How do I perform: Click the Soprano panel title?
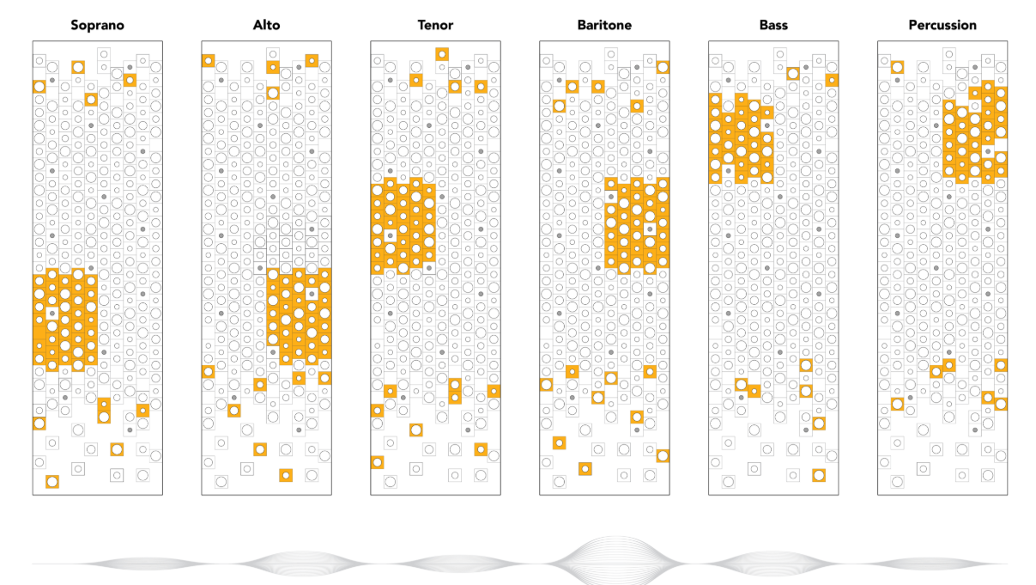(x=97, y=25)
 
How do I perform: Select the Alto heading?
(x=266, y=25)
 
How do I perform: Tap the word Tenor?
(x=435, y=25)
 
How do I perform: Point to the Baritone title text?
(x=604, y=25)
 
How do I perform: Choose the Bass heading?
(x=773, y=25)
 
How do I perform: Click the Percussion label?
(x=942, y=25)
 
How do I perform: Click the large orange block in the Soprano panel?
(x=64, y=320)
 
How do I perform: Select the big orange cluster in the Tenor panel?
(x=403, y=226)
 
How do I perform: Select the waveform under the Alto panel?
(x=292, y=564)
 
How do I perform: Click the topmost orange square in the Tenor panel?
(x=442, y=54)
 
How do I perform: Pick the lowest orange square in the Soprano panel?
(x=51, y=482)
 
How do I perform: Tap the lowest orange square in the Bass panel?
(x=819, y=475)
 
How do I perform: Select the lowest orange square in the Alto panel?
(x=285, y=475)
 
